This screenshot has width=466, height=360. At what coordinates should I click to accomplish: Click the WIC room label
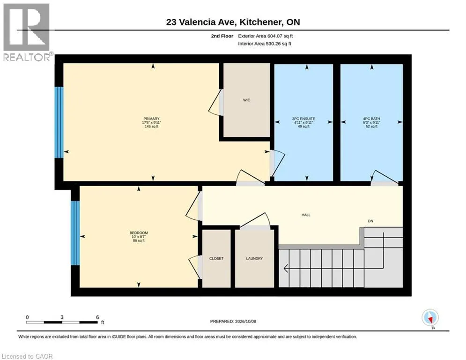(246, 100)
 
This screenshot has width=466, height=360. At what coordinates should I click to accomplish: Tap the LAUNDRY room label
(254, 259)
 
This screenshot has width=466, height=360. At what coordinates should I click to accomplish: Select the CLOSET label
(216, 259)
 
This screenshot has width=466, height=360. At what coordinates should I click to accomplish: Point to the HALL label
(306, 215)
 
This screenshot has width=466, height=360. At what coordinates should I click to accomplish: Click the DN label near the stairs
(370, 221)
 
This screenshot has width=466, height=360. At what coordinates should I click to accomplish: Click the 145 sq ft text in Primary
(152, 127)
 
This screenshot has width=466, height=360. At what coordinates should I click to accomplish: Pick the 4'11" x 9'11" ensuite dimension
(303, 123)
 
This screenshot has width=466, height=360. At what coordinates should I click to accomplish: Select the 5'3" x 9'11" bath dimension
(371, 123)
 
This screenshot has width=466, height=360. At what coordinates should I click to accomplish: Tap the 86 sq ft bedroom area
(139, 240)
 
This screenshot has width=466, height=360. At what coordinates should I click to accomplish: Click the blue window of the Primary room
(59, 122)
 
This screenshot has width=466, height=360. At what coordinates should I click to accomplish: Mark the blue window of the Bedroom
(75, 233)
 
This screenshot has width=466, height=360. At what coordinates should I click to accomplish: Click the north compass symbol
(430, 318)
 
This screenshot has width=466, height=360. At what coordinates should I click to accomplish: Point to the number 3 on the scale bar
(62, 317)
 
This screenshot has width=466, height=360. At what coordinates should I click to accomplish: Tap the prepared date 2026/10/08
(245, 321)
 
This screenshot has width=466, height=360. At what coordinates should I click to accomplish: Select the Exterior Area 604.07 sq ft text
(266, 36)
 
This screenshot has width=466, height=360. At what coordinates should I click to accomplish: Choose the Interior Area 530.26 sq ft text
(265, 44)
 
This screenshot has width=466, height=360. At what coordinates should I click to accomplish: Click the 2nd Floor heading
(222, 36)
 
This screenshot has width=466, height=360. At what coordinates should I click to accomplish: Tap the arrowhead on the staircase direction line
(286, 269)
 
